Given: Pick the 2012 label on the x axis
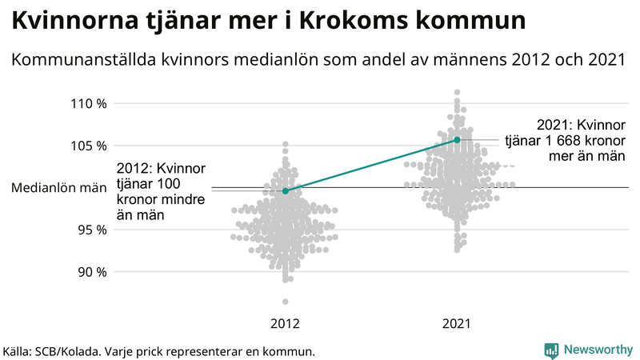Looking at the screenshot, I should point(286,324).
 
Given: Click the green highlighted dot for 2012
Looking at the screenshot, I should point(286,191).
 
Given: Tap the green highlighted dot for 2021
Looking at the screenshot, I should point(457,140).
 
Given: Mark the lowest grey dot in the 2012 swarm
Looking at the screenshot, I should point(286,302).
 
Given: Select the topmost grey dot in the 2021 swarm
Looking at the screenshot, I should point(457,93).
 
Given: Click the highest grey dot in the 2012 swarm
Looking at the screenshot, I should point(286,144).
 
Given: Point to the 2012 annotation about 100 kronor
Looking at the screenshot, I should point(162,191).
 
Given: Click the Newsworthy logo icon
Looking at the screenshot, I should point(551,350).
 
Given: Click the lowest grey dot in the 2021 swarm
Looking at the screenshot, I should point(457,250).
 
